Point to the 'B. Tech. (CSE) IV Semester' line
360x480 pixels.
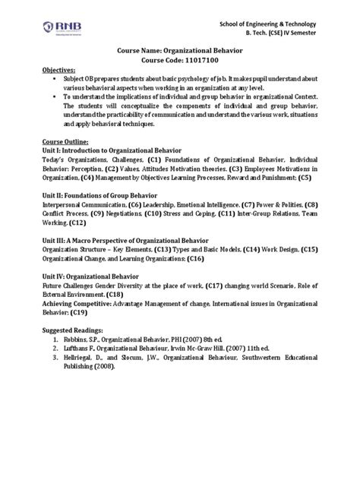(x=292, y=35)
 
